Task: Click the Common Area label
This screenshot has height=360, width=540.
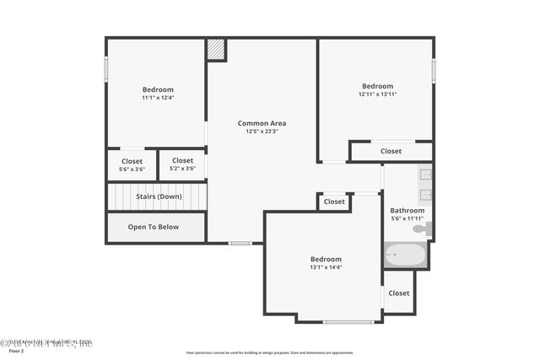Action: pos(262,123)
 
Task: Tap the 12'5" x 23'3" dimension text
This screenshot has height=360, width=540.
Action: pos(262,132)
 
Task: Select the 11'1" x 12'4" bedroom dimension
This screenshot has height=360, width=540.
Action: pos(158,98)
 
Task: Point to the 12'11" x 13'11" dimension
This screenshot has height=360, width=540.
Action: pos(377,94)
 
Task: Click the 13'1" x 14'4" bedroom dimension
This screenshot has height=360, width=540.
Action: pos(326,267)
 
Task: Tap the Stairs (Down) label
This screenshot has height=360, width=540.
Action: pos(159,196)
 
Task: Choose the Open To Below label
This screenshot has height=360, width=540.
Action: pos(154,227)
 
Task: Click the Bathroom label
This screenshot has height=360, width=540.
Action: pos(407,211)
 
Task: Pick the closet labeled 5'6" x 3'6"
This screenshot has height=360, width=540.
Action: pos(132,164)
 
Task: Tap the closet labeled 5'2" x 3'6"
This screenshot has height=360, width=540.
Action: pos(182,164)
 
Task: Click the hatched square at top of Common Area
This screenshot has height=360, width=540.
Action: pos(216,49)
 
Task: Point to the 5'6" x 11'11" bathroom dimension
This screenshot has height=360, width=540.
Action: pos(407,219)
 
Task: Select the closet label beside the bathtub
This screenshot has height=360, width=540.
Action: pos(399,293)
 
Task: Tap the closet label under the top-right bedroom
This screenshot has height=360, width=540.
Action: pos(391,152)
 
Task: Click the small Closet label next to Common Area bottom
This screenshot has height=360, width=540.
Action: pos(334,202)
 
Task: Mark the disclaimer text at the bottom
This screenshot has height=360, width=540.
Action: pos(270,352)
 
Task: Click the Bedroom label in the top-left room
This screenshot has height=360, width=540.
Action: pos(158,89)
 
